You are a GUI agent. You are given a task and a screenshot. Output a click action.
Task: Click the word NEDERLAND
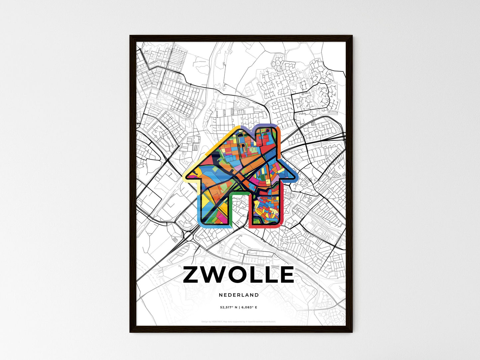(x=239, y=295)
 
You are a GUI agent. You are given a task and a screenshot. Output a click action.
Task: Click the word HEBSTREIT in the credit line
(x=217, y=322)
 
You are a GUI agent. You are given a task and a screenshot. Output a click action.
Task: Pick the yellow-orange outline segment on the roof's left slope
(x=213, y=146)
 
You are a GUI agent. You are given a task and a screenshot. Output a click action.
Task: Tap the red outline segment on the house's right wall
(x=281, y=206)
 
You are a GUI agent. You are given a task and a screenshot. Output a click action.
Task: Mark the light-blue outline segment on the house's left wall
(x=199, y=206)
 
